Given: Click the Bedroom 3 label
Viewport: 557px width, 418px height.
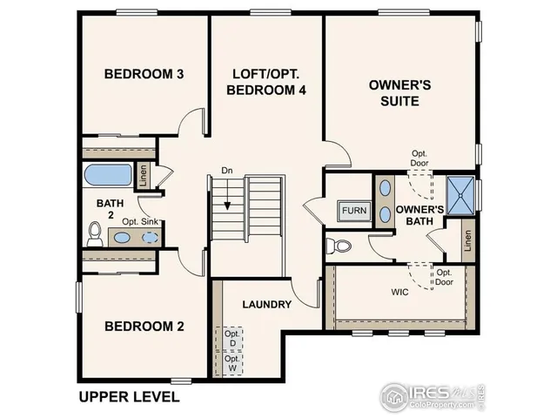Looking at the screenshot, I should click(143, 74).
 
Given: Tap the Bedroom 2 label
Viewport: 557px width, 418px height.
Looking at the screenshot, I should click(144, 327).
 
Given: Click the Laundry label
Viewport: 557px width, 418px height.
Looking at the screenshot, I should click(266, 304).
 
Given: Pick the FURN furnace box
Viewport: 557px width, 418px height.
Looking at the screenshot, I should click(353, 211).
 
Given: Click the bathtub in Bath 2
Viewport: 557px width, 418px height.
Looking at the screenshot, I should click(111, 174).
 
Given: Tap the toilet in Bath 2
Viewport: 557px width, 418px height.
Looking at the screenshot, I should click(96, 233).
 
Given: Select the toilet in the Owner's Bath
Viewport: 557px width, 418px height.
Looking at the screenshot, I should click(341, 246).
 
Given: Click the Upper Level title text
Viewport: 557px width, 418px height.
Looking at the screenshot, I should click(129, 396).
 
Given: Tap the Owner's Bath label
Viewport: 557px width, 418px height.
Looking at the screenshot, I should click(420, 215).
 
